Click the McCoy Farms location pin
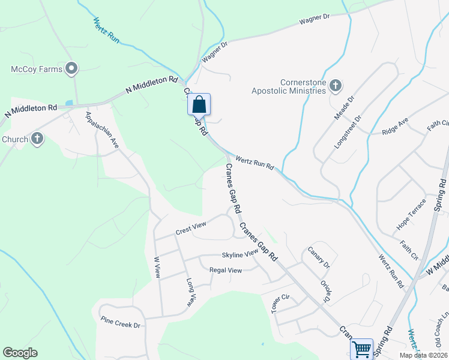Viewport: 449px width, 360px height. pyautogui.click(x=72, y=69)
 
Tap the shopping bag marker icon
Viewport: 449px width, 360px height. pyautogui.click(x=199, y=104)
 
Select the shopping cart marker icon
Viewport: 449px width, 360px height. pyautogui.click(x=362, y=349)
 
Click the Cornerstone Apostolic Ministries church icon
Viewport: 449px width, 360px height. pyautogui.click(x=336, y=86)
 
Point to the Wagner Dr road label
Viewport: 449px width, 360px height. pyautogui.click(x=315, y=20)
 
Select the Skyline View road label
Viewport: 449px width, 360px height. pyautogui.click(x=240, y=254)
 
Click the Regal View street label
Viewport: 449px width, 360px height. pyautogui.click(x=225, y=270)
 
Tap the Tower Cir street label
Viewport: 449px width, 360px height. pyautogui.click(x=280, y=303)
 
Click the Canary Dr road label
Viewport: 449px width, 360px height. pyautogui.click(x=319, y=257)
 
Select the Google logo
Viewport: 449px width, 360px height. pyautogui.click(x=20, y=353)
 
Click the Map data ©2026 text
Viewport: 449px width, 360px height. pyautogui.click(x=423, y=355)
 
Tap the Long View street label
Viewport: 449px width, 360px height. pyautogui.click(x=190, y=292)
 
